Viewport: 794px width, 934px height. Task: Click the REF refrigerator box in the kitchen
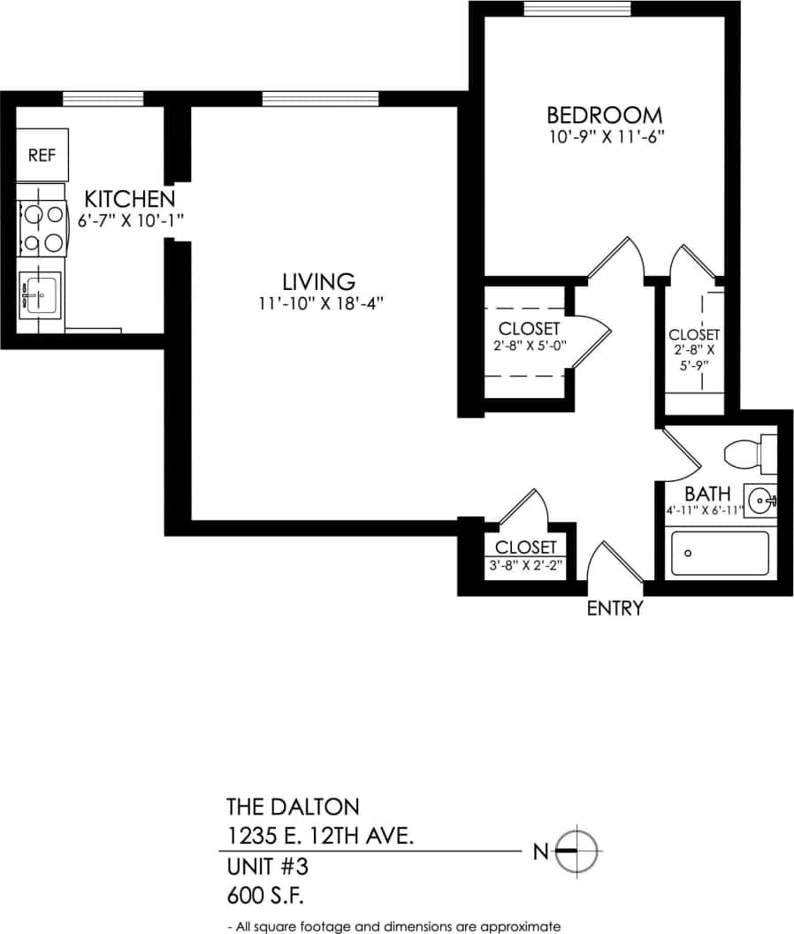42,156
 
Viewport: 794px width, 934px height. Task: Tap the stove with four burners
42,226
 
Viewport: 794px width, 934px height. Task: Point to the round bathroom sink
760,501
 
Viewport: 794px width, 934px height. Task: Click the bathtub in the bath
720,553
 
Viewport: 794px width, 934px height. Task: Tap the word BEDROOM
604,115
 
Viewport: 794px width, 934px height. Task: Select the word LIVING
318,282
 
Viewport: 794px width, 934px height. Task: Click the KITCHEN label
130,198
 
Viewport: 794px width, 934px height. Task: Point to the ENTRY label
615,609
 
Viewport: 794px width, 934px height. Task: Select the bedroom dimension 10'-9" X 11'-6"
605,137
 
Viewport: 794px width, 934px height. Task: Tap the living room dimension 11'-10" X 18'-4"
319,303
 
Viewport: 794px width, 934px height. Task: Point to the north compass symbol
579,851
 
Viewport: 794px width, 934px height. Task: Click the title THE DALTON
293,807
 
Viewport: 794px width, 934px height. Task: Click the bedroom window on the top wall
576,9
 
